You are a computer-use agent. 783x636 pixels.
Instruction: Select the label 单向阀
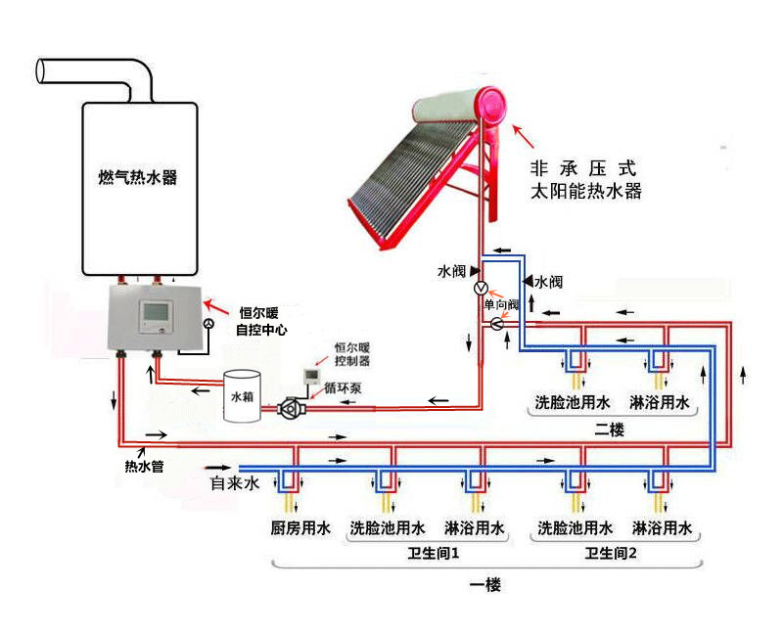501,305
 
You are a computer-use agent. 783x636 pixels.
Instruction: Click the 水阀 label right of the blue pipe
548,282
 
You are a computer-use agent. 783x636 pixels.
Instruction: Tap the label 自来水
236,484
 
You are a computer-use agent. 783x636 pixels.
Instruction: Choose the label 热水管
143,467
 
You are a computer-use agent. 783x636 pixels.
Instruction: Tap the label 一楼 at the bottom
484,585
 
